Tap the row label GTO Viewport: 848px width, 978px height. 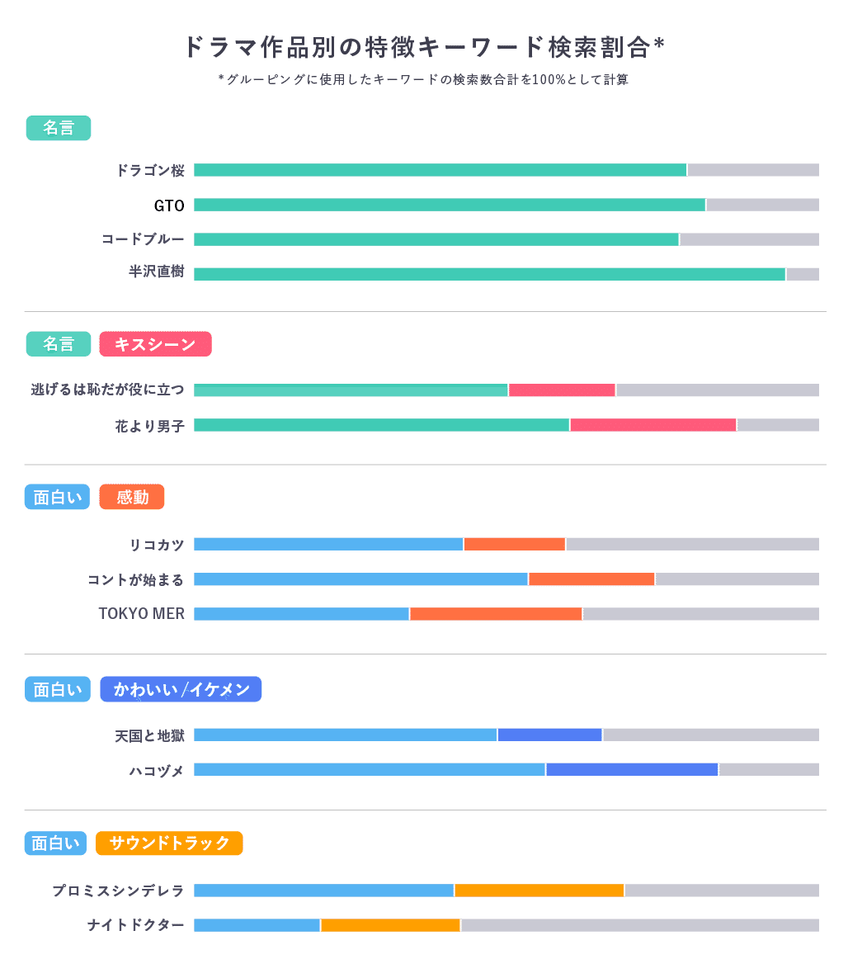coord(169,205)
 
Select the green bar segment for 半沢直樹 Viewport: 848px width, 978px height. coord(489,274)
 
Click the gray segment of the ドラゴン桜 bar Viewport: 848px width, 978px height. coord(753,170)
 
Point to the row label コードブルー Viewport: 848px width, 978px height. coord(143,239)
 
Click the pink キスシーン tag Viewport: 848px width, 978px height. coord(155,344)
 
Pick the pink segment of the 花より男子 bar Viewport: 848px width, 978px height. coord(652,425)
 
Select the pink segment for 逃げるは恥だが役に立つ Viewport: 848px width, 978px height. coord(562,390)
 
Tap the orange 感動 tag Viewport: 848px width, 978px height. coord(132,497)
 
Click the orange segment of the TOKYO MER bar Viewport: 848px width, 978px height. coord(496,614)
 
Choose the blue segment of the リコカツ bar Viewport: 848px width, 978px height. coord(328,544)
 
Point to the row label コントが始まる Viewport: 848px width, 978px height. coord(135,579)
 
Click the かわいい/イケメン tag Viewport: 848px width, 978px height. coord(181,690)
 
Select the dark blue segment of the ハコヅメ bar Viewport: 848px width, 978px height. coord(632,769)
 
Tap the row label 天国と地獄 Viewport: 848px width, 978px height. coord(149,735)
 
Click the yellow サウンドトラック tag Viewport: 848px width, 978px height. coord(169,843)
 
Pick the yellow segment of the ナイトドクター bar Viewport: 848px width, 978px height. coord(390,925)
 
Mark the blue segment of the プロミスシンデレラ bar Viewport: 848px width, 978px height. coord(323,891)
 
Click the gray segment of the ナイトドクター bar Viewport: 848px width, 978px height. coord(639,925)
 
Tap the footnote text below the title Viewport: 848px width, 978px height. coord(423,80)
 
